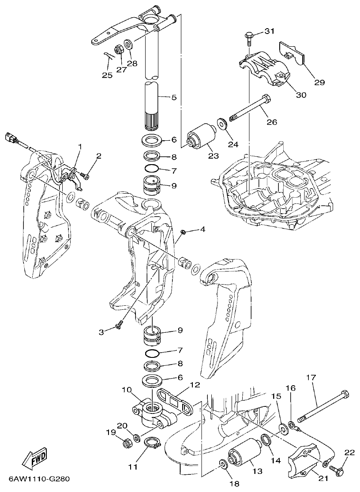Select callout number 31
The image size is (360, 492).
click(x=269, y=31)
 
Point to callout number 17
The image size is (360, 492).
click(x=311, y=377)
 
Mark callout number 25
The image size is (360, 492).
click(x=108, y=75)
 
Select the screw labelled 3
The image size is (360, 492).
click(x=118, y=326)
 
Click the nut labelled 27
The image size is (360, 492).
click(x=119, y=49)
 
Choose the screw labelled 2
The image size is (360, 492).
click(x=86, y=177)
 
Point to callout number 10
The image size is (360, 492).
click(x=127, y=390)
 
